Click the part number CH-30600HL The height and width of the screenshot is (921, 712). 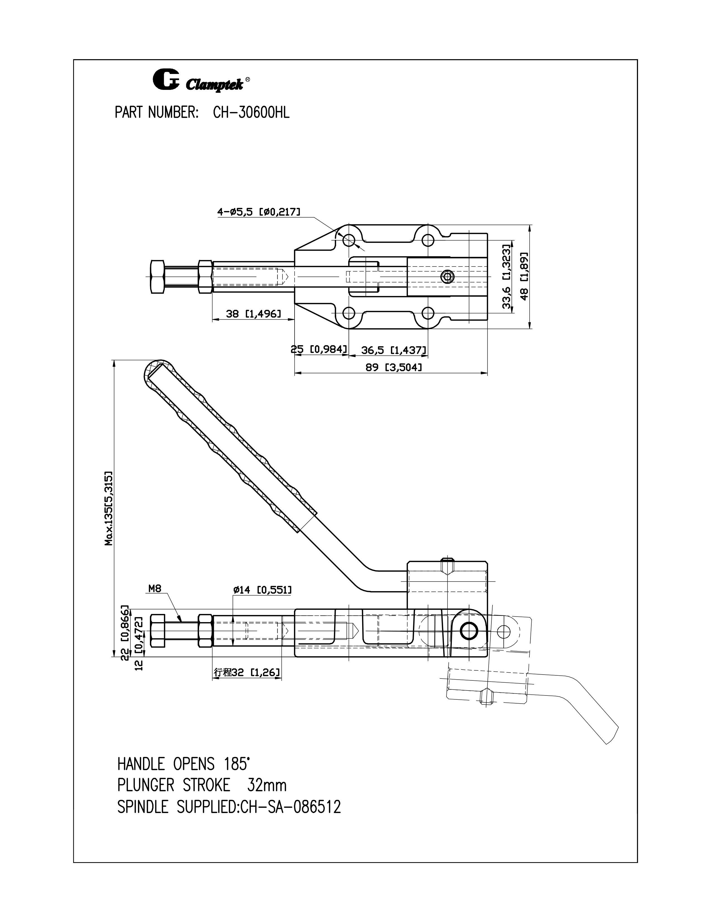point(251,113)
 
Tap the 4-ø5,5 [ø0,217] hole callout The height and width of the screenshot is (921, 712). point(259,212)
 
